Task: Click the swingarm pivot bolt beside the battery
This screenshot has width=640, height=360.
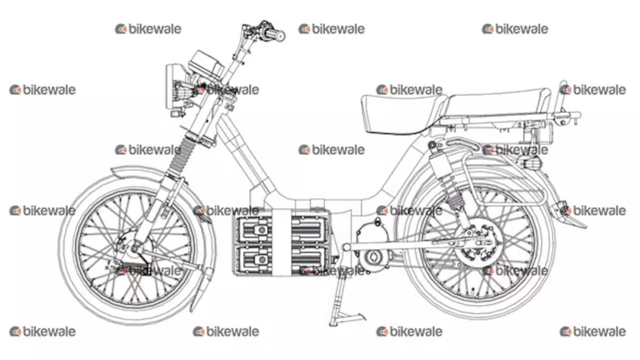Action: pos(347,247)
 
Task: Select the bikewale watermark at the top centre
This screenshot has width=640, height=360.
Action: pos(332,29)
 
